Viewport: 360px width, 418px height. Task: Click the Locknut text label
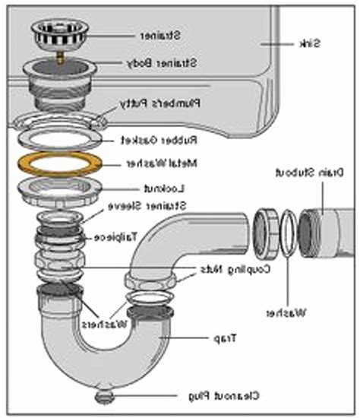click(x=151, y=187)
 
